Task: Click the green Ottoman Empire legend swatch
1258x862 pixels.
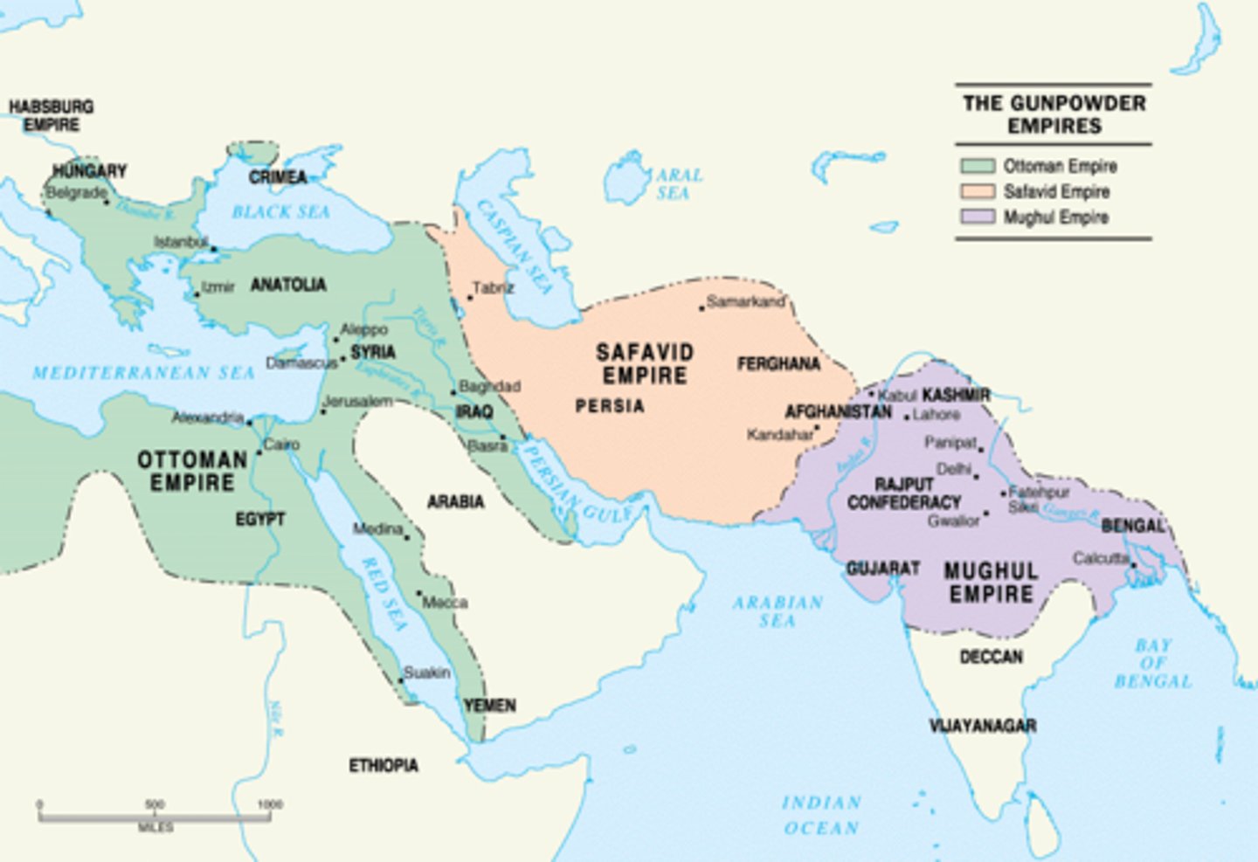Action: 978,166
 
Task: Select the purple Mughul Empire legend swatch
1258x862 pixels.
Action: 978,217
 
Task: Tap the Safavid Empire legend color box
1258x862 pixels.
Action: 978,191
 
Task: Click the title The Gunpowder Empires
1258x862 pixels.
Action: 1054,114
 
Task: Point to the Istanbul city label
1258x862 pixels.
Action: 181,242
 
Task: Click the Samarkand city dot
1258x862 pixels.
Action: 702,307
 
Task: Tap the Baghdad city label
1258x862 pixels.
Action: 489,386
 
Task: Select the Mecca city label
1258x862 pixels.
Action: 445,603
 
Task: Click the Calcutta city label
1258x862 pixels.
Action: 1100,558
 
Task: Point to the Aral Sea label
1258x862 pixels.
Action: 678,183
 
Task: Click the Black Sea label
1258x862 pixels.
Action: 280,212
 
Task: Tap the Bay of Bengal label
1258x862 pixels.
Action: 1152,663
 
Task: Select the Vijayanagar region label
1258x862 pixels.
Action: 982,726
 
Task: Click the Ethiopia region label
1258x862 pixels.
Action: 384,766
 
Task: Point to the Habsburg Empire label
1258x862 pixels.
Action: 51,115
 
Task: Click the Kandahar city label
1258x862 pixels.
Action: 779,434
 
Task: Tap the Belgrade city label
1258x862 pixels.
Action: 76,192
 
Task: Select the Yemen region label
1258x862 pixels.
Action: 489,706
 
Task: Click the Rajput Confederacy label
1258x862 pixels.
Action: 903,493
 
